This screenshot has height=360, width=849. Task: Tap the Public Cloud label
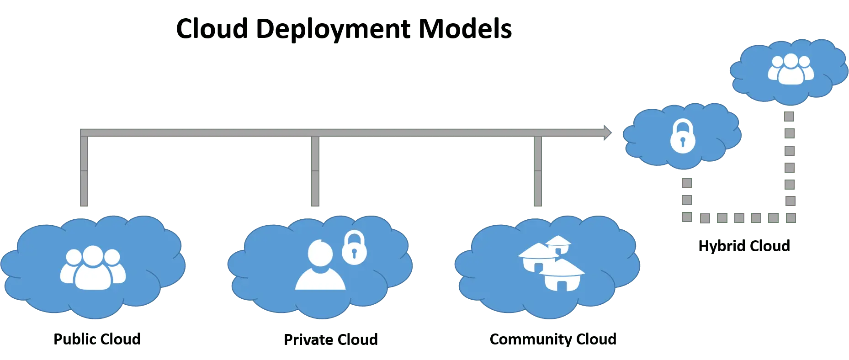click(97, 340)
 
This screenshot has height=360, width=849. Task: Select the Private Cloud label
click(330, 340)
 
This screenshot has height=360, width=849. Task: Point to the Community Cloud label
click(553, 340)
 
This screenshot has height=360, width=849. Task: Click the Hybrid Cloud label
click(743, 245)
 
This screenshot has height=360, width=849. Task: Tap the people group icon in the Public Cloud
click(93, 268)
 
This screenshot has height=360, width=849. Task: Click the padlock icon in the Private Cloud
click(354, 248)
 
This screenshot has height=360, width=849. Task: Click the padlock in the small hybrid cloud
click(683, 136)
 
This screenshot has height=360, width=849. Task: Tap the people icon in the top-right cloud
click(791, 69)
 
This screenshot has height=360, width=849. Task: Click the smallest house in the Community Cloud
click(558, 244)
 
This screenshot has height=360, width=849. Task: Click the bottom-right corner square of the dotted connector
click(791, 217)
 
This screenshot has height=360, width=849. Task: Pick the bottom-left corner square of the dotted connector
click(686, 217)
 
